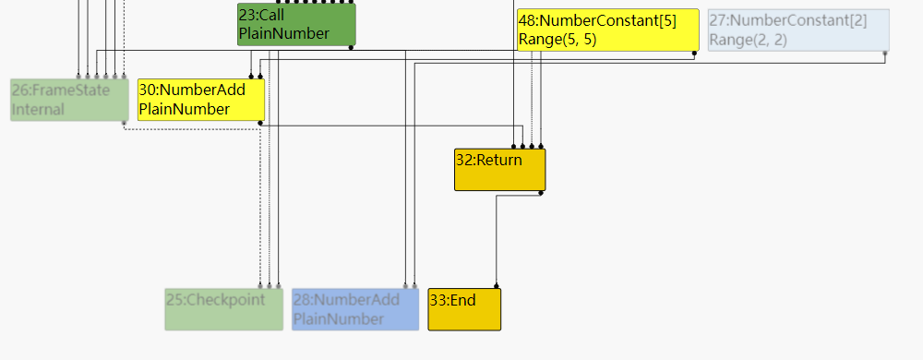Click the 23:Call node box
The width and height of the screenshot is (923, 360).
coord(296,24)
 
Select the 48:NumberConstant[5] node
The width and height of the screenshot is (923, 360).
coord(606,30)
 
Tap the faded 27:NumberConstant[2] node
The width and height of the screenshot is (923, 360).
coord(797,30)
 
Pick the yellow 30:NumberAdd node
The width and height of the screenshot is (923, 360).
coord(201,100)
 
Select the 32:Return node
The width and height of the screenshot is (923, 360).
coord(499,170)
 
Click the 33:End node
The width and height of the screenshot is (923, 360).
coord(464,309)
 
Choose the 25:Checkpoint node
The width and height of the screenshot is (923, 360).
coord(223,309)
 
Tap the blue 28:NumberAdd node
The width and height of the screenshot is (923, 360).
coord(354,309)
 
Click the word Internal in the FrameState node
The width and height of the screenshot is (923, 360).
coord(38,110)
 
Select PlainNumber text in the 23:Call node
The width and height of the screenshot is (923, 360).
coord(283,34)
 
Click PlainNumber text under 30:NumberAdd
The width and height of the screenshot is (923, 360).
coord(184,110)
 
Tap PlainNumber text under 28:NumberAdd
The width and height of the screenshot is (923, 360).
coord(338,319)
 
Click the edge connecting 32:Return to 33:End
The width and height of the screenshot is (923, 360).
coord(497,240)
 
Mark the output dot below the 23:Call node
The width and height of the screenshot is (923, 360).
coord(351,47)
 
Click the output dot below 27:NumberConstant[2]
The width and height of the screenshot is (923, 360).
coord(885,54)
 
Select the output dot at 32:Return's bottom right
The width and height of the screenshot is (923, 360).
coord(541,193)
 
